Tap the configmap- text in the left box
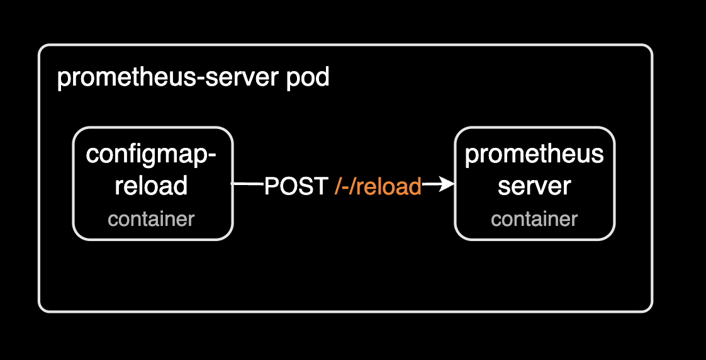(151, 154)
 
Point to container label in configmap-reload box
(151, 219)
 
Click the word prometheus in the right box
(534, 155)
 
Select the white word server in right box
(534, 186)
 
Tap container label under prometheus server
(534, 219)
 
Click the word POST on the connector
(296, 186)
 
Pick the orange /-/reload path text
(377, 186)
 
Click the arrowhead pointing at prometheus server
(447, 184)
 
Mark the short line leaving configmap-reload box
(247, 184)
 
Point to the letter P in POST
(271, 186)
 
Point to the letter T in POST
(321, 186)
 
